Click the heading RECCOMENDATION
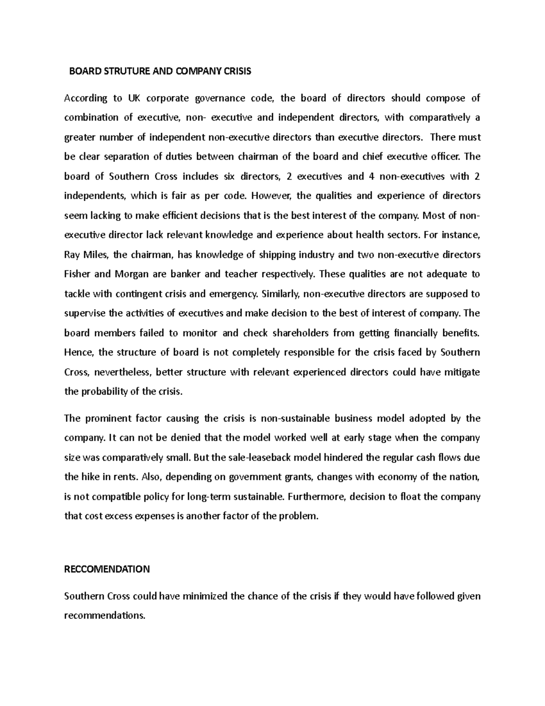point(107,569)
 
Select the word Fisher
point(77,274)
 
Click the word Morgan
point(125,274)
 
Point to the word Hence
point(78,352)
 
